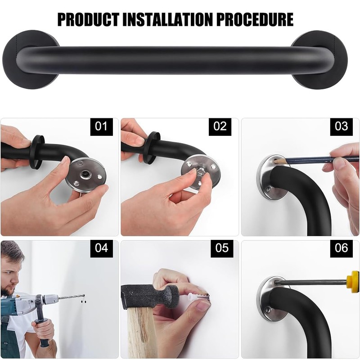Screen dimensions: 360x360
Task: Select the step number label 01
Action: (102, 126)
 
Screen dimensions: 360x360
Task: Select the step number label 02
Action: (220, 126)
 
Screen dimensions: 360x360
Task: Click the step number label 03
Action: (342, 126)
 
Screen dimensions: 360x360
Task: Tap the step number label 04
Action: (102, 248)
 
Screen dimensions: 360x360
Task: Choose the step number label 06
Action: (342, 248)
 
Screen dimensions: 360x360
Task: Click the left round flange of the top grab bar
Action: (27, 59)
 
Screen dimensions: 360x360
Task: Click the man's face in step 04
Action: (10, 277)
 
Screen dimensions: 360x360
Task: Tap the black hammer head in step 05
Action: (148, 297)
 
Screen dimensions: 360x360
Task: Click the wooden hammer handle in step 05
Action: (142, 333)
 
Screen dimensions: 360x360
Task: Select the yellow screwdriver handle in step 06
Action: (354, 282)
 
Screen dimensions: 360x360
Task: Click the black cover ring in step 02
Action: (153, 147)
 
